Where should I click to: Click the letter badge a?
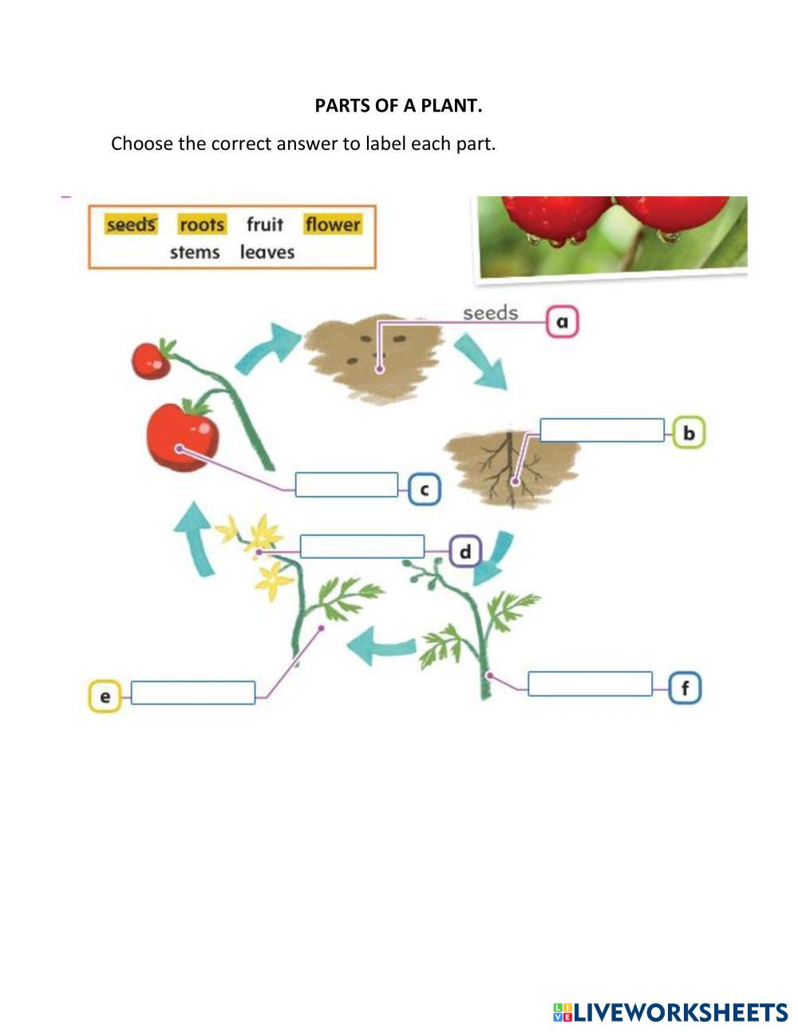tap(563, 322)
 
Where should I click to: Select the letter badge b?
tap(689, 432)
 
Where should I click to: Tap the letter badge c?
tap(424, 489)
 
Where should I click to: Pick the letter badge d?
tap(465, 551)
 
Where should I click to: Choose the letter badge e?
tap(105, 696)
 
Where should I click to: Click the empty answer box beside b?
tap(602, 431)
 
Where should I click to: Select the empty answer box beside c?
tap(346, 485)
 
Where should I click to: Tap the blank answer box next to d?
tap(361, 546)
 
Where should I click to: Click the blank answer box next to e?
tap(193, 692)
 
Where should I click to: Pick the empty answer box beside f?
tap(590, 683)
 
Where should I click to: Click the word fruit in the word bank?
tap(265, 224)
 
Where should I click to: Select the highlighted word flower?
tap(333, 224)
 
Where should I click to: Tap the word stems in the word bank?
tap(195, 252)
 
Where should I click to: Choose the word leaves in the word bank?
tap(267, 252)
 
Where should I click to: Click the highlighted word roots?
tap(202, 225)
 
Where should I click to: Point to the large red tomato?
tap(182, 436)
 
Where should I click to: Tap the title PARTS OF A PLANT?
tap(399, 105)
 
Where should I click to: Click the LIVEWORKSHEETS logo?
tap(670, 1012)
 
